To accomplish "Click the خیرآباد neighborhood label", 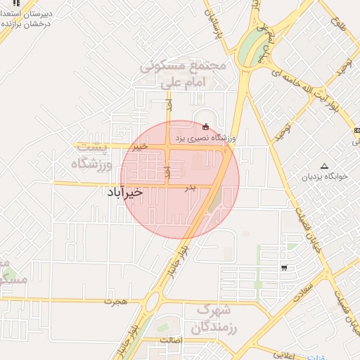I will pyautogui.click(x=125, y=191).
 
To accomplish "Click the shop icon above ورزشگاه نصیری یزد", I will pyautogui.click(x=205, y=127).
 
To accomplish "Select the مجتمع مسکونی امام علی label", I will pyautogui.click(x=183, y=75).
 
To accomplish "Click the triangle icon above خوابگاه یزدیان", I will pyautogui.click(x=324, y=167).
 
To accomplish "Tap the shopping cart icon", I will pyautogui.click(x=284, y=267).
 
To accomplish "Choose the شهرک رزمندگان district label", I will pyautogui.click(x=215, y=319).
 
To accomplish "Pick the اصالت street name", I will pyautogui.click(x=172, y=340).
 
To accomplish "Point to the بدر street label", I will pyautogui.click(x=189, y=188).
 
